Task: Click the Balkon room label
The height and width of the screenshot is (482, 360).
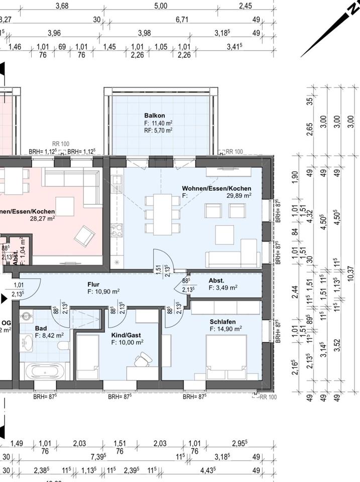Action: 155,115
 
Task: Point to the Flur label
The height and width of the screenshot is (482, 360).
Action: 93,284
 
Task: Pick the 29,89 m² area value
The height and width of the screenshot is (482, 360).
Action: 238,196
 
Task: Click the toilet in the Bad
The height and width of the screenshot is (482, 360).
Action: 64,346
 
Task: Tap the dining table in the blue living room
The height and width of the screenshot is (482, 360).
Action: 162,214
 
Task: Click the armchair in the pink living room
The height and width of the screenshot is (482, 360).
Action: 84,234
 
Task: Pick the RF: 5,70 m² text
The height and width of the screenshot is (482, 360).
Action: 158,130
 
